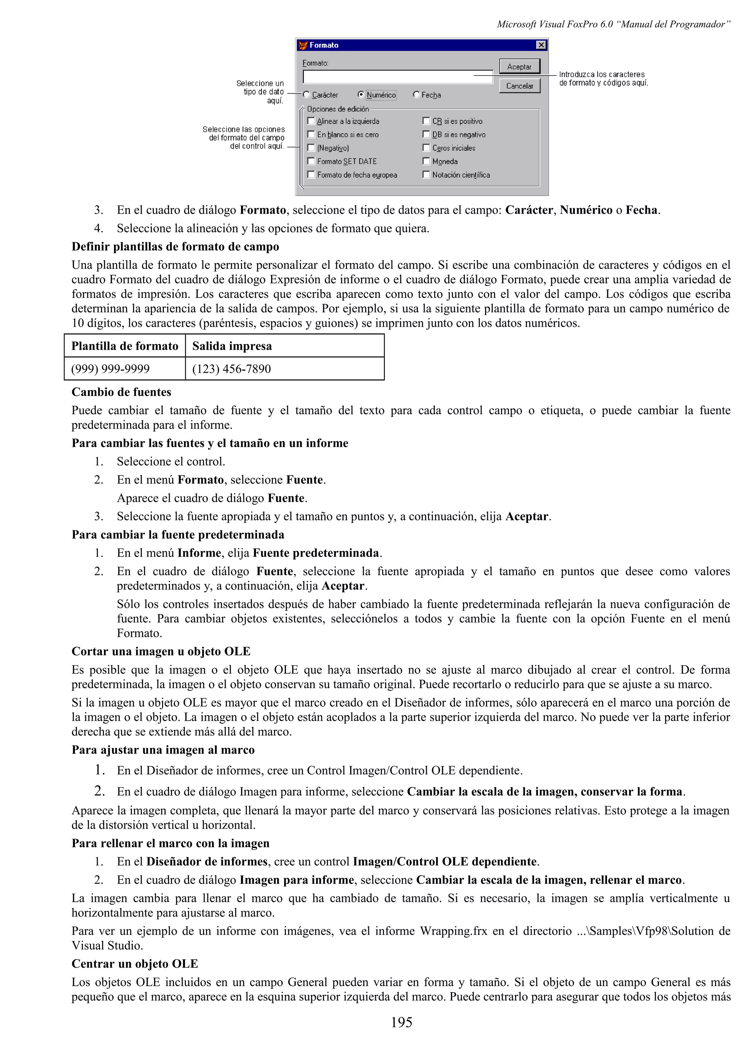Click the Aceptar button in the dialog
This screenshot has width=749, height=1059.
[x=519, y=67]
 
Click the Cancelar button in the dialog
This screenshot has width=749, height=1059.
[x=519, y=86]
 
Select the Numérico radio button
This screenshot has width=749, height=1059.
[x=361, y=95]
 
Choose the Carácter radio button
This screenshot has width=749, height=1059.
[x=306, y=95]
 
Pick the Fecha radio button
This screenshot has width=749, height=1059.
[x=416, y=95]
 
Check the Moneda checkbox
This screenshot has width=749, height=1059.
[x=426, y=162]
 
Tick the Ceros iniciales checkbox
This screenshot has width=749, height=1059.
[x=426, y=148]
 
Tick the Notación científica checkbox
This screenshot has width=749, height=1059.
[x=426, y=175]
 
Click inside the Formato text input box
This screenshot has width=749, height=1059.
[x=397, y=77]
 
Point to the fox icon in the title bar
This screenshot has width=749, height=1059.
[x=303, y=45]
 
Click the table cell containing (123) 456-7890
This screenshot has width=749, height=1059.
[x=231, y=369]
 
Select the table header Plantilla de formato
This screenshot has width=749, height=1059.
[x=125, y=346]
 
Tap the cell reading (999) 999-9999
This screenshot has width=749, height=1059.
[x=110, y=369]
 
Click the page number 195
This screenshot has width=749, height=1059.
[x=401, y=1022]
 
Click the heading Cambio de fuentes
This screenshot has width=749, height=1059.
[x=121, y=392]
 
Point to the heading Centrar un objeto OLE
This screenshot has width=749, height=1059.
[x=135, y=964]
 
